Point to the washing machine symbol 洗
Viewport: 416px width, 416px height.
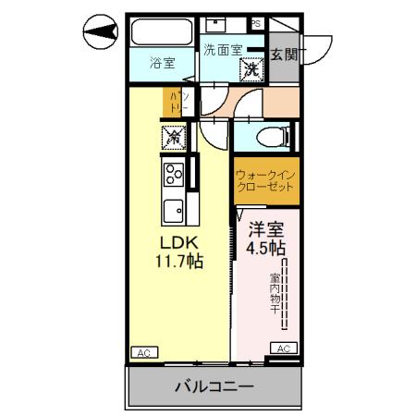[x=251, y=67]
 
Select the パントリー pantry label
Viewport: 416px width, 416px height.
[x=178, y=102]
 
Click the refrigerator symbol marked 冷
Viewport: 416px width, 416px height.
[x=173, y=137]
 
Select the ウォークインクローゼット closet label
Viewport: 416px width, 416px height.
[x=265, y=180]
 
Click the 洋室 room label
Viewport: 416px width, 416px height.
[x=265, y=232]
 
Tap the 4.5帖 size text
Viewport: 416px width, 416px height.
[x=265, y=249]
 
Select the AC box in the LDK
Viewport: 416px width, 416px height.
[x=144, y=352]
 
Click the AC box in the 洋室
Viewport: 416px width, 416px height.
[x=284, y=348]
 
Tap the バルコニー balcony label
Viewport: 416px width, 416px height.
[x=214, y=387]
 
